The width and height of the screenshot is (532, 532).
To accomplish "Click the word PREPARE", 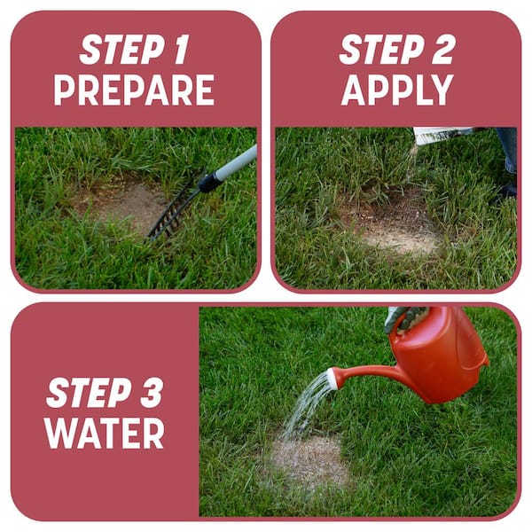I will [134, 90].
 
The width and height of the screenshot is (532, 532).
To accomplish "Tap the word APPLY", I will [397, 90].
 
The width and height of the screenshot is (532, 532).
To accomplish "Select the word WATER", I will [105, 432].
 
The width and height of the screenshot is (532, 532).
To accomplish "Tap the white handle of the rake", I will [237, 164].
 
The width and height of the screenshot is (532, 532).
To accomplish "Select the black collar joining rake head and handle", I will [209, 183].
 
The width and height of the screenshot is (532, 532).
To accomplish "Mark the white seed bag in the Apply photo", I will [443, 135].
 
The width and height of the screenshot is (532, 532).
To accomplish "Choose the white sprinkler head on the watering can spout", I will [332, 379].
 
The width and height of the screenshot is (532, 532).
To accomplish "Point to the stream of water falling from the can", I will [306, 408].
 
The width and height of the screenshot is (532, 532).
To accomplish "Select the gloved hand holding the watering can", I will [403, 317].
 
